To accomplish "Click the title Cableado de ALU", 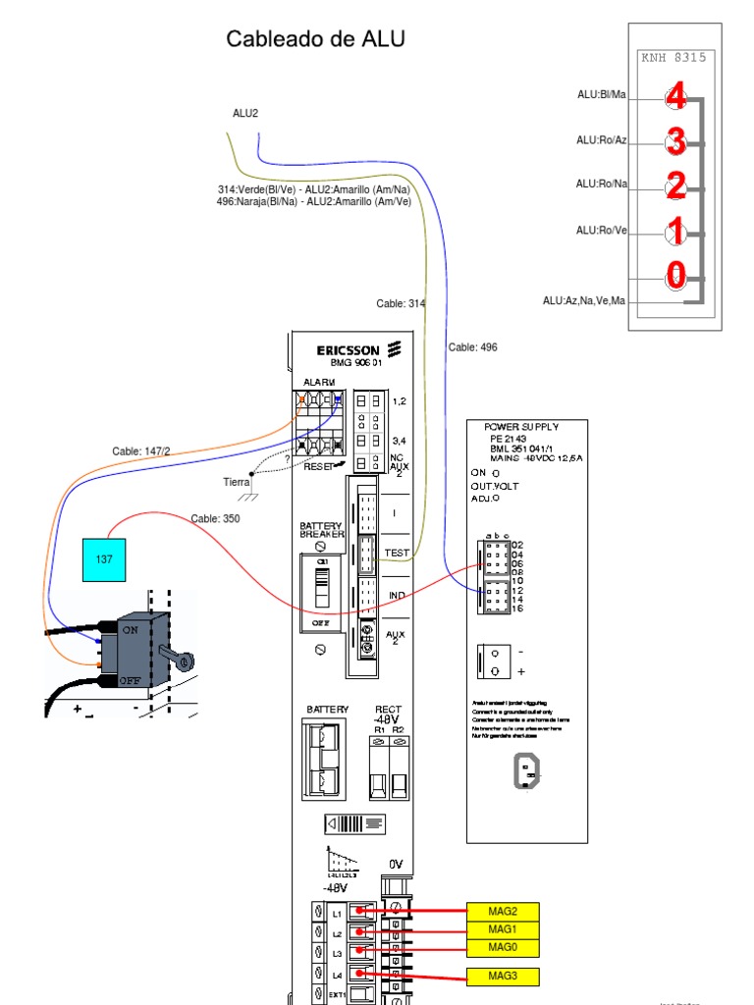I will pos(315,39).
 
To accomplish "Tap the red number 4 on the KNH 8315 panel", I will pos(675,96).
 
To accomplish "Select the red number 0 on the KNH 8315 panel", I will pos(675,276).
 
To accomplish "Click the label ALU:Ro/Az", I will pos(601,140).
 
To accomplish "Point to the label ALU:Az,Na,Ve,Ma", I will pos(584,300).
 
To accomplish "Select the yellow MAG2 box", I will pos(502,911).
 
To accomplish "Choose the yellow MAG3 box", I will pos(502,976).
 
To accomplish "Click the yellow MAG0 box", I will pos(502,946).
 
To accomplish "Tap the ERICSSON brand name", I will pos(348,350).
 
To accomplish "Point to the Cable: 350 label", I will pos(215,518).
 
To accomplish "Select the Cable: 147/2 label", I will pos(140,451).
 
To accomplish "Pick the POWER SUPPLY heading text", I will pos(521,427).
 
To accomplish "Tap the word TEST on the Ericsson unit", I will pos(397,554).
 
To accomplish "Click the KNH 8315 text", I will pos(673,57).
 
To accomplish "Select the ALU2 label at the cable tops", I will pos(245,113).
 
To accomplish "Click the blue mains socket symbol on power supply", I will pos(526,772).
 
